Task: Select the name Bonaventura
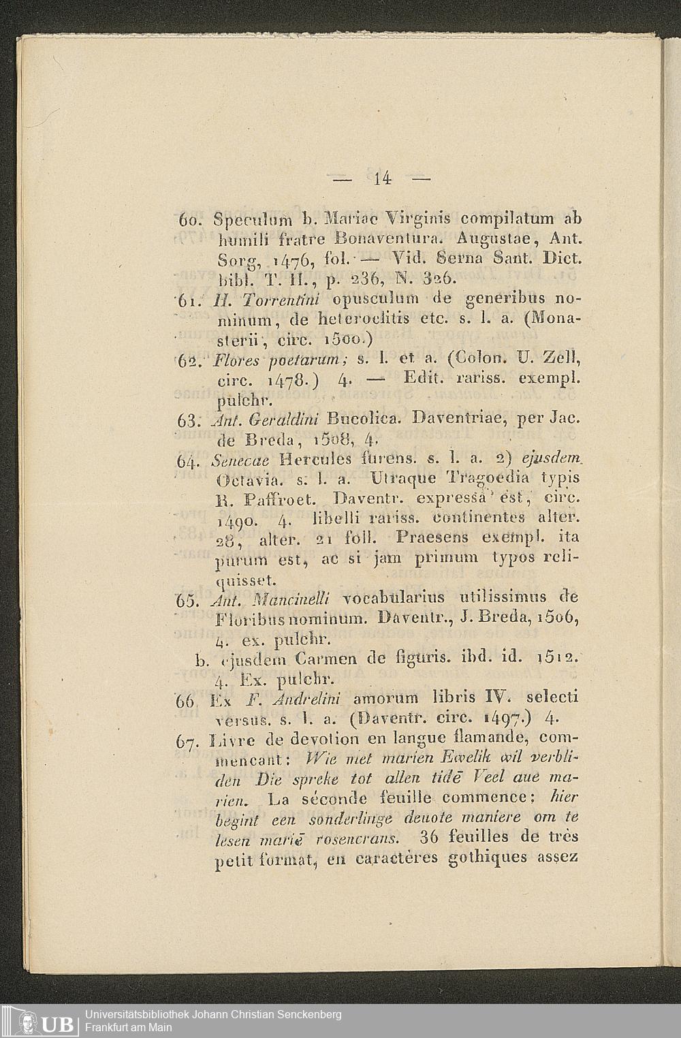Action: tap(386, 240)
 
